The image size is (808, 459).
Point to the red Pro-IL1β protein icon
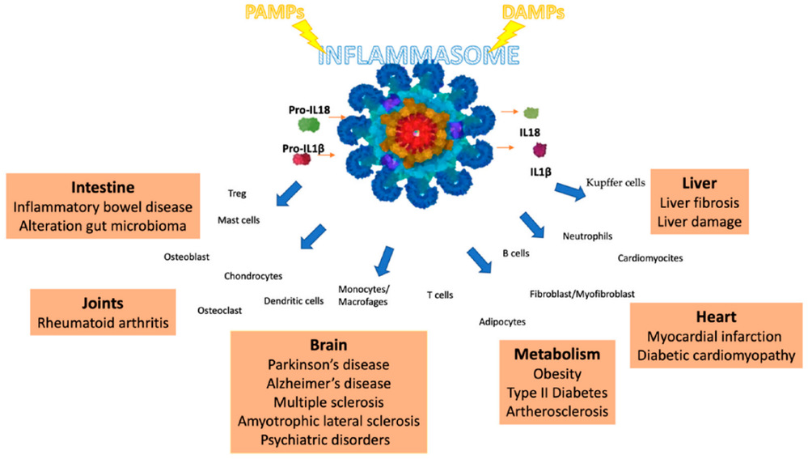point(302,159)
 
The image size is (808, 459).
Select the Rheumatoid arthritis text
point(103,324)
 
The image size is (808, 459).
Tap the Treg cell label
point(238,193)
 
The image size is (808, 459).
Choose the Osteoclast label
point(221,310)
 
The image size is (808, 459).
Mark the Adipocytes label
point(501,321)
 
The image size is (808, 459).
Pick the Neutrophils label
point(586,236)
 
